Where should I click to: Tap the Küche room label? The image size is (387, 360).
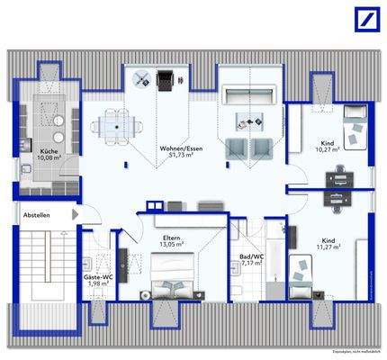point(49,152)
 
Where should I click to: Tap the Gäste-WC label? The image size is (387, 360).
point(96,279)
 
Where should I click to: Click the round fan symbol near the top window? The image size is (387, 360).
point(141,78)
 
